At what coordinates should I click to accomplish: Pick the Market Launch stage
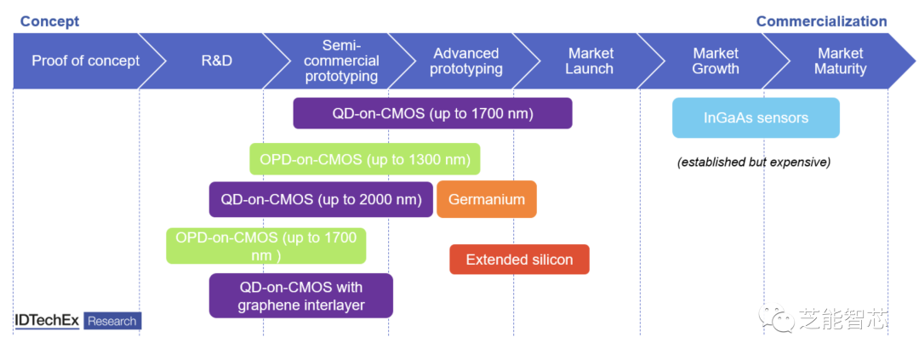point(591,61)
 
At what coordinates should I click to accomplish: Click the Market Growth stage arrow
point(716,61)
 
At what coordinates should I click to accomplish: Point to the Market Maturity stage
point(841,61)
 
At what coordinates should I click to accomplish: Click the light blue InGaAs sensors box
point(756,117)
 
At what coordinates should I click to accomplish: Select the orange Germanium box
point(487,199)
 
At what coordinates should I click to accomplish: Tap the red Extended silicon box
point(519,260)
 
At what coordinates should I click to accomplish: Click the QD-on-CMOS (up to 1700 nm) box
point(432,113)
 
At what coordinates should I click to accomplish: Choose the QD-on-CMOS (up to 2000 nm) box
point(321,199)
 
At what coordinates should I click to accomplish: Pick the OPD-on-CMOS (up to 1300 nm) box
point(364,159)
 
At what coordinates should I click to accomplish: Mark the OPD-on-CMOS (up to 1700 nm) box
point(266,246)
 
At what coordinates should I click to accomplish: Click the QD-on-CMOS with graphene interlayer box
point(300,295)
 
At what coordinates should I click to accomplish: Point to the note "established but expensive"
point(754,163)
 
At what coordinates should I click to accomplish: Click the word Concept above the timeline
point(50,21)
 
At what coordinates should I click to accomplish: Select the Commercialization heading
point(822,21)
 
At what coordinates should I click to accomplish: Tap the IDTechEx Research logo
point(78,321)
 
